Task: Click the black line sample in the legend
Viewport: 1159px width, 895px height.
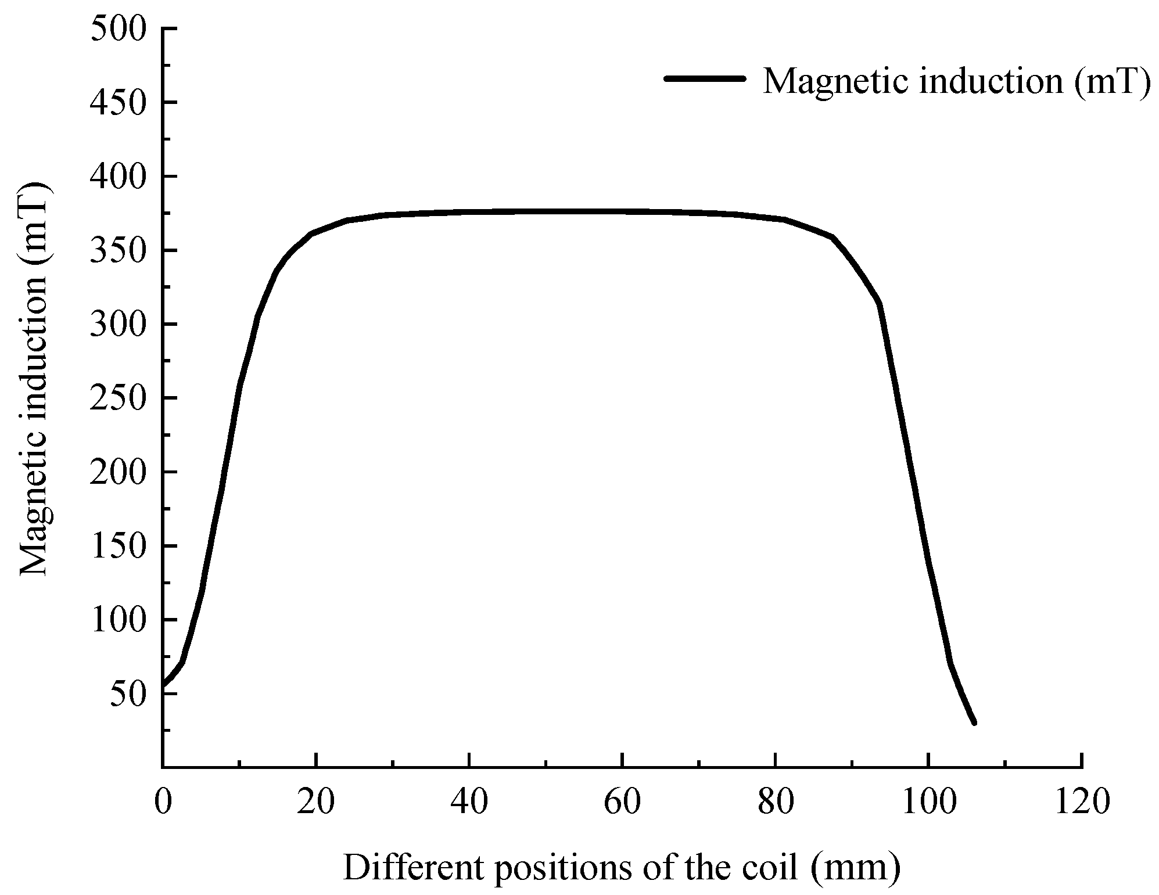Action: [704, 79]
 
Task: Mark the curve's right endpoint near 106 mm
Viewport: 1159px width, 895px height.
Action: [974, 722]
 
